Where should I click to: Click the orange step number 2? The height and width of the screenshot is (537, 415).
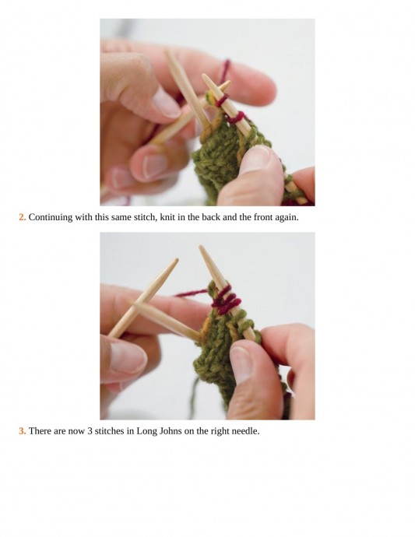pyautogui.click(x=23, y=217)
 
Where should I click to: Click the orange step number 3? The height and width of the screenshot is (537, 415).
pyautogui.click(x=23, y=431)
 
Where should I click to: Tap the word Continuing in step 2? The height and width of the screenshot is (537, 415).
pyautogui.click(x=51, y=217)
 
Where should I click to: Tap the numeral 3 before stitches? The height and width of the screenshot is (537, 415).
pyautogui.click(x=90, y=431)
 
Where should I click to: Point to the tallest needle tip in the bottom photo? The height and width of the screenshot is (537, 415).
pyautogui.click(x=200, y=247)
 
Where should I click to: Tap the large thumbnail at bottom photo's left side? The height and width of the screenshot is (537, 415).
pyautogui.click(x=127, y=357)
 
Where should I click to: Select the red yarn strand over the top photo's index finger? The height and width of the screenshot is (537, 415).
pyautogui.click(x=225, y=70)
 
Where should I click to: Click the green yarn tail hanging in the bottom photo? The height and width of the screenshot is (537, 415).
pyautogui.click(x=195, y=397)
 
